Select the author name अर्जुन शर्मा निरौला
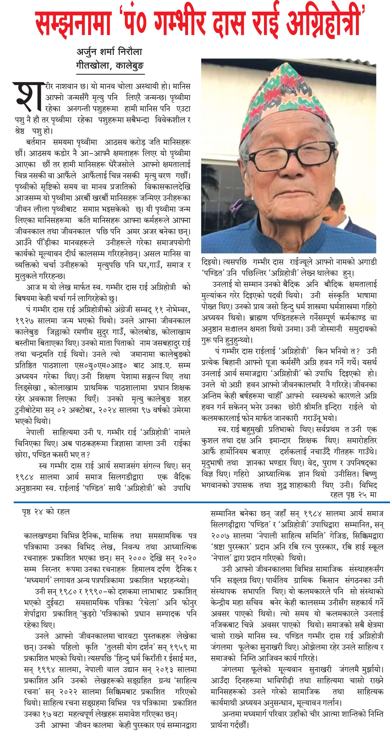point(109,52)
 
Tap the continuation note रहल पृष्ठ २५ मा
point(353,494)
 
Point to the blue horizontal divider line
point(199,502)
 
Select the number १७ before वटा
point(49,714)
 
